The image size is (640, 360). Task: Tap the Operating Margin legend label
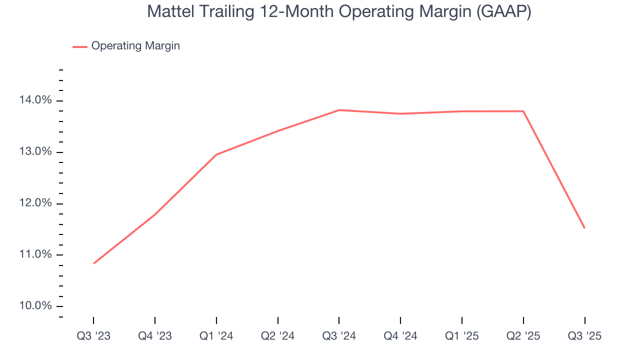(135, 46)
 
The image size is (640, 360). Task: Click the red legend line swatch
(80, 46)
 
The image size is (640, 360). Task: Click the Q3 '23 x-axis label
(93, 336)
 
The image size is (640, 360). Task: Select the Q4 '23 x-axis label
(155, 336)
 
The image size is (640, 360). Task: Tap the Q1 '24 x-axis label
(216, 336)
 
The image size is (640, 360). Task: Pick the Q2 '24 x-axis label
(277, 336)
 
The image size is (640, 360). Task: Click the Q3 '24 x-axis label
(339, 336)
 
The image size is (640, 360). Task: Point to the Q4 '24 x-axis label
(400, 336)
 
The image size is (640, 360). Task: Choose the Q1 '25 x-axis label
(462, 336)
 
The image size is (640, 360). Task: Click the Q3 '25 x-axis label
(584, 336)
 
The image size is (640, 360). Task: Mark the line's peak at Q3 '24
(339, 110)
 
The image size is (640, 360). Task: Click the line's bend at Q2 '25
(523, 111)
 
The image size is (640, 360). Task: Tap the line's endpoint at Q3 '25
(584, 228)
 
